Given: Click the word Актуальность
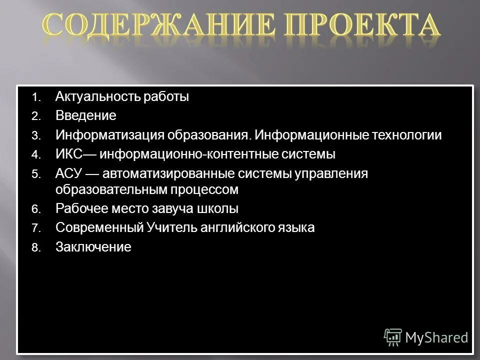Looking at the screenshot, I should click(98, 97).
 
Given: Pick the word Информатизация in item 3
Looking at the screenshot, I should click(109, 135).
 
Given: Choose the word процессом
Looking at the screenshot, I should click(209, 190).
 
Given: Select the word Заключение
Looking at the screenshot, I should click(93, 247).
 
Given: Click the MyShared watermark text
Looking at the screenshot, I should click(436, 337).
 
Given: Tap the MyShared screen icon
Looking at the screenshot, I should click(393, 337).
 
